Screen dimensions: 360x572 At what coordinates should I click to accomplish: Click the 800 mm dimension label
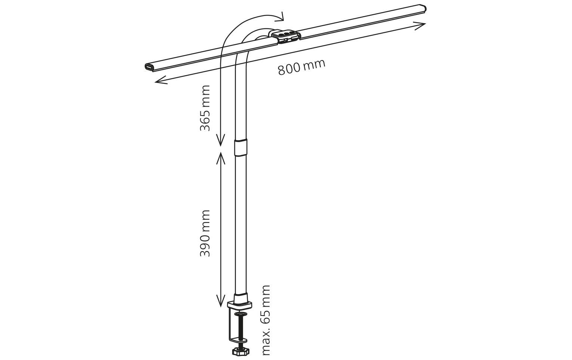pyautogui.click(x=301, y=67)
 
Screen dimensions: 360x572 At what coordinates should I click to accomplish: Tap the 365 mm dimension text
pyautogui.click(x=205, y=108)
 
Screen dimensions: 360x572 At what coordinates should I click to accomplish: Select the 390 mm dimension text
pyautogui.click(x=205, y=233)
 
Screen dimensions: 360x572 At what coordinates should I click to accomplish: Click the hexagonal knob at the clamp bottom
pyautogui.click(x=240, y=351)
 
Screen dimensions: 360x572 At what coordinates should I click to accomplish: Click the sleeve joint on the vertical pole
pyautogui.click(x=240, y=147)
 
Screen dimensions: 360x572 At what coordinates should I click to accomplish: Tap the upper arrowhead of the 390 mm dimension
pyautogui.click(x=221, y=157)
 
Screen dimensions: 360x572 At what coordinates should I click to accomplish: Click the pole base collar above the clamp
pyautogui.click(x=240, y=299)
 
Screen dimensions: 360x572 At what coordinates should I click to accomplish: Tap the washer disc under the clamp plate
pyautogui.click(x=240, y=313)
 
